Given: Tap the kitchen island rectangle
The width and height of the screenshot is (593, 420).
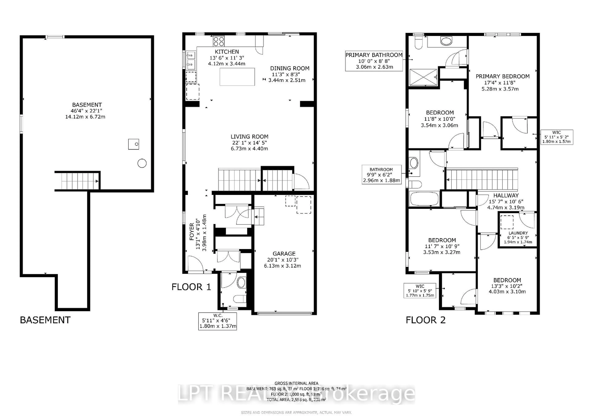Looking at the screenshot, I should pos(237,77).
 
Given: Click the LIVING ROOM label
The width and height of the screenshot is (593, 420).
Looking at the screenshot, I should pos(249,137).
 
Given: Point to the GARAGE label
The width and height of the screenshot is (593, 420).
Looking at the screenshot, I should pos(284,254).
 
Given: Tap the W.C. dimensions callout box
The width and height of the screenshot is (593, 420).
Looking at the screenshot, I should pos(217,321).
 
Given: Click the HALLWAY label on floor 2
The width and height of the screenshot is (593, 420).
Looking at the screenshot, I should pos(506,195).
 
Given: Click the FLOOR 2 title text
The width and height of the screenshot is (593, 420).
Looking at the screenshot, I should pos(425,320).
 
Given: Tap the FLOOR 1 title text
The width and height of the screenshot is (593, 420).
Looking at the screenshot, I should pos(191,287).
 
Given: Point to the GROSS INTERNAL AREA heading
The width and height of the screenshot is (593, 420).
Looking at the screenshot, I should pos(296,383).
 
